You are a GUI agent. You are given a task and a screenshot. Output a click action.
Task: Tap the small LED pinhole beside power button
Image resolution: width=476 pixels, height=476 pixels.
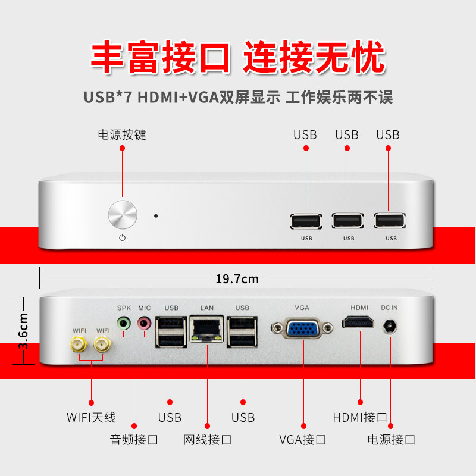tap(156, 216)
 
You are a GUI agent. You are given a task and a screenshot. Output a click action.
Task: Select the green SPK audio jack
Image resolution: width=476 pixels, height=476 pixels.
tap(124, 324)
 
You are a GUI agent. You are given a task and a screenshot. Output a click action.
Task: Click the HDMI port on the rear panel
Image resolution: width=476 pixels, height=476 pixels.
tap(359, 323)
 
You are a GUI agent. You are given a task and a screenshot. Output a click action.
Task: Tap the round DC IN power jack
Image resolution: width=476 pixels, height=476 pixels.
tap(390, 327)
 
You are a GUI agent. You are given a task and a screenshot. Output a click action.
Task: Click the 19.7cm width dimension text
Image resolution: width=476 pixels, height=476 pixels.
tap(237, 278)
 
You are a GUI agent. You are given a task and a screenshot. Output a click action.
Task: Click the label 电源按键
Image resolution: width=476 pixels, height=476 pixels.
tap(122, 135)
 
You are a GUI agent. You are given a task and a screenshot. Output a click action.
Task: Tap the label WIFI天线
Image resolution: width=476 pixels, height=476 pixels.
tap(91, 417)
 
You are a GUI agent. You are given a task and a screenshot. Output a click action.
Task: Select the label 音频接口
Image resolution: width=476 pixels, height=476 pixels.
tap(134, 440)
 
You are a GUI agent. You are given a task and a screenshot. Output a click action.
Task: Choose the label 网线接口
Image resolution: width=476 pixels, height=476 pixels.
tap(208, 440)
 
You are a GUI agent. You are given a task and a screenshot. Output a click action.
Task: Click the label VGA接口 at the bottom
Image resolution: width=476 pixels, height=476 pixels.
tap(303, 440)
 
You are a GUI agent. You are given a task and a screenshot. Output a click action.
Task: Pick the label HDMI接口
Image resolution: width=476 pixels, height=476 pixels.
tap(361, 417)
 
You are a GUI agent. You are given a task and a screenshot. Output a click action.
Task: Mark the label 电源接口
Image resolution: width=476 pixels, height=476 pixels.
tap(391, 440)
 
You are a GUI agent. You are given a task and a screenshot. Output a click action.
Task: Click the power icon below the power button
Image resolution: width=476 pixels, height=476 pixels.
tap(123, 238)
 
